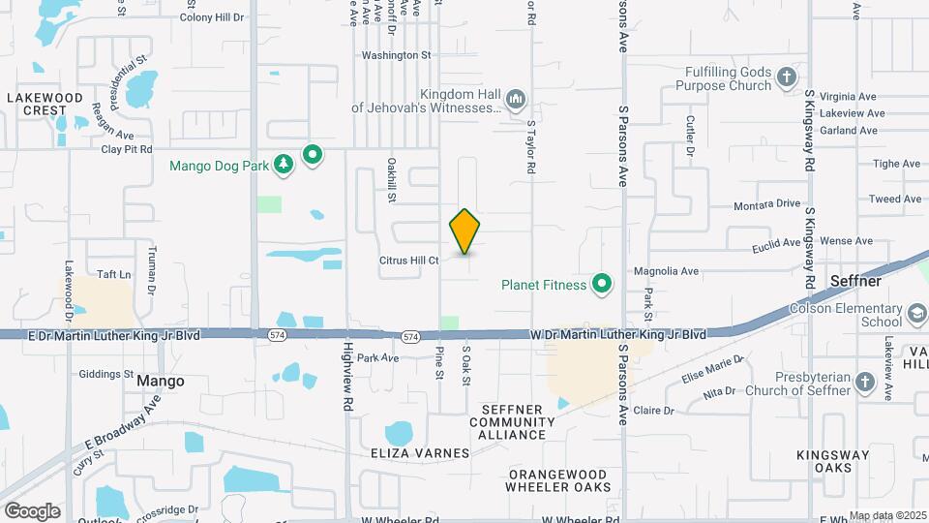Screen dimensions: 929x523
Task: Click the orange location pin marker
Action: (x=464, y=231)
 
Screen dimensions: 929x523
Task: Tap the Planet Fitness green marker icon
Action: (x=602, y=284)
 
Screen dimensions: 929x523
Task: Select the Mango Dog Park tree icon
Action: (x=284, y=166)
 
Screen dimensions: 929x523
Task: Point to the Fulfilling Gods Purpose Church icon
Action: (x=788, y=77)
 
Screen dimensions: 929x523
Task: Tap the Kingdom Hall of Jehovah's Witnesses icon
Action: (x=516, y=100)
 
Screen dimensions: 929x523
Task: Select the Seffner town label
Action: (x=854, y=281)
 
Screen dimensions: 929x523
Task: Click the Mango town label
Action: (x=161, y=381)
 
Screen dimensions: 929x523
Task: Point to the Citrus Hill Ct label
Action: (x=409, y=261)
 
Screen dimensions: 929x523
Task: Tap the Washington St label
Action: (x=396, y=55)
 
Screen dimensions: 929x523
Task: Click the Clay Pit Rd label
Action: (x=127, y=149)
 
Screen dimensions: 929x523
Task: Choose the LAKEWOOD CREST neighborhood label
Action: (x=45, y=104)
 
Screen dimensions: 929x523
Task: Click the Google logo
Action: (x=33, y=510)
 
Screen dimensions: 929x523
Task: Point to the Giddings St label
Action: (x=105, y=374)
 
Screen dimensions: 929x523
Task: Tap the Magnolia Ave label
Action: (x=666, y=272)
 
